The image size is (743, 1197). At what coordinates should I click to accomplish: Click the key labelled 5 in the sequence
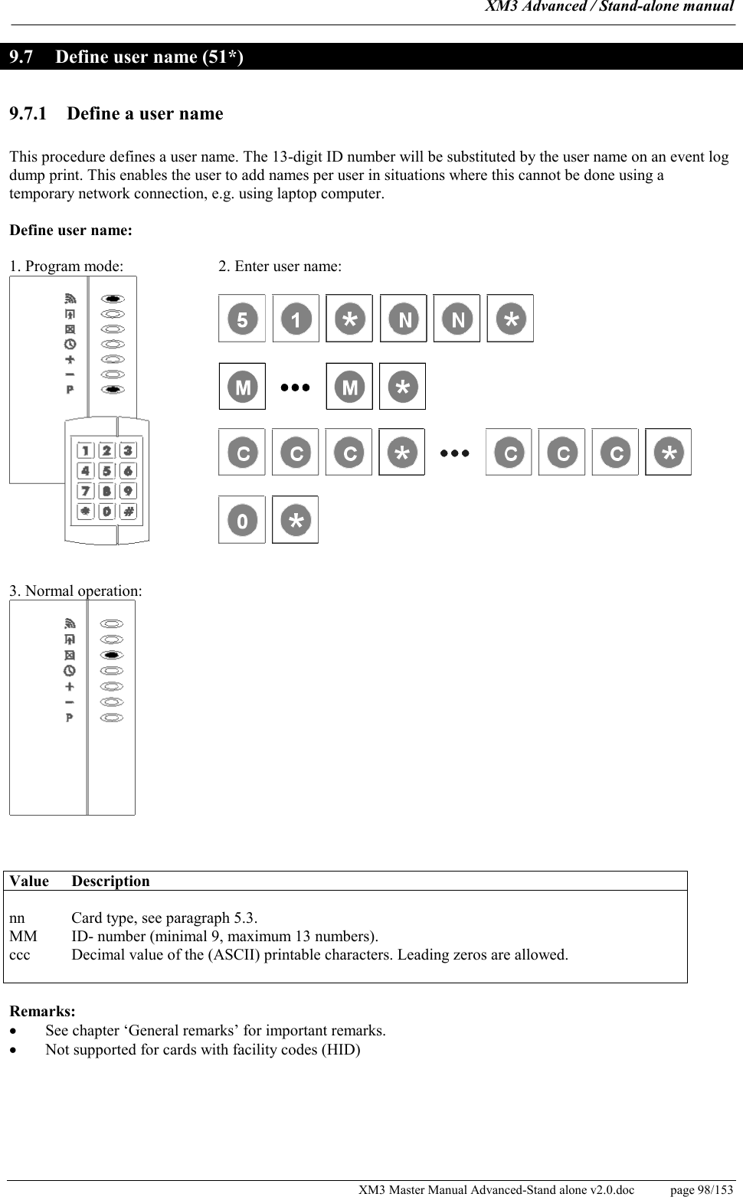coord(242,319)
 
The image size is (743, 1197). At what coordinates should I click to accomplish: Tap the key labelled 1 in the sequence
coord(296,319)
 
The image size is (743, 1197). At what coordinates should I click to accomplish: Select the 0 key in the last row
coord(242,521)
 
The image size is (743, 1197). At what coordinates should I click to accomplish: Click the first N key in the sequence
coord(404,319)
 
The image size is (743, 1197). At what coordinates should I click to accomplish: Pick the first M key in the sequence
coord(242,387)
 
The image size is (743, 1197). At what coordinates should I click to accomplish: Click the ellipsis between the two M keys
coord(296,388)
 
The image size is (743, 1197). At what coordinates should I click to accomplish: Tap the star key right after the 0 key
coord(296,521)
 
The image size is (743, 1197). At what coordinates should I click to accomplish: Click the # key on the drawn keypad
coord(128,511)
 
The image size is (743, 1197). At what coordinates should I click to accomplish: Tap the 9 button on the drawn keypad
coord(128,491)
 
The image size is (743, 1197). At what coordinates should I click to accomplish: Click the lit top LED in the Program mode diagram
coord(113,299)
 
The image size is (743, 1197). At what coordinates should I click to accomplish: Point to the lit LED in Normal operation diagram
coord(112,656)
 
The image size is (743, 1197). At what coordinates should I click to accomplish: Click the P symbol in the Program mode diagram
coord(70,390)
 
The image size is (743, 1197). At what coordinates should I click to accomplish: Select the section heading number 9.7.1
coord(28,114)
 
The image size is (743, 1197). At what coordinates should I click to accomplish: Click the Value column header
coord(29,881)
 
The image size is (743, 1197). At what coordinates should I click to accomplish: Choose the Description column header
coord(110,881)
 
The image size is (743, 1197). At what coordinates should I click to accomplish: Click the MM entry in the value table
coord(23,937)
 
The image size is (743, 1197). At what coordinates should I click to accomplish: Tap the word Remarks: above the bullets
coord(42,1012)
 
